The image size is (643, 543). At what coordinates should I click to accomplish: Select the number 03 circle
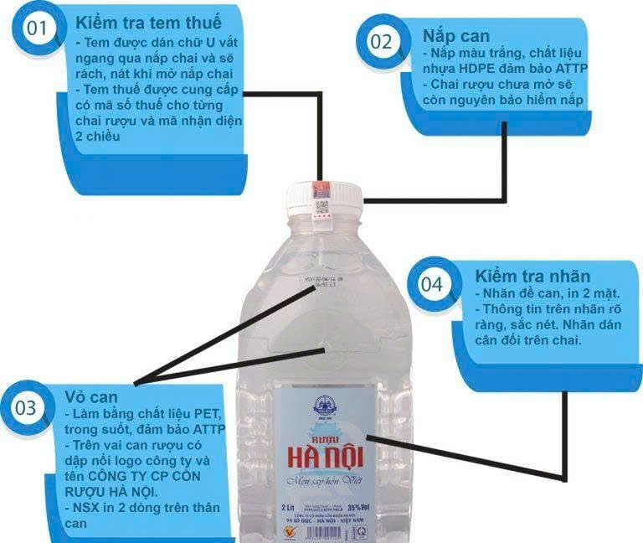tap(26, 409)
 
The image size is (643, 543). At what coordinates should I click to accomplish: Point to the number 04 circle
tap(431, 285)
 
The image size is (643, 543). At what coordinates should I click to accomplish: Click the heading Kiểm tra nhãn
tap(532, 276)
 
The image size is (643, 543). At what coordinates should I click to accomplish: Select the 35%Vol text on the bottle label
tap(357, 507)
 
